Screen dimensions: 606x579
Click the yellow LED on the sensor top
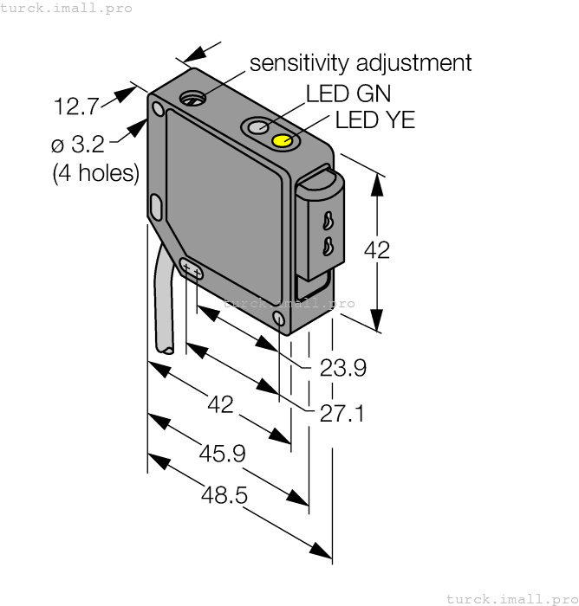tap(283, 140)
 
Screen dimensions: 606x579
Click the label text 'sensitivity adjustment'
tap(361, 63)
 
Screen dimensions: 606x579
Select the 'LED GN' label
tap(348, 93)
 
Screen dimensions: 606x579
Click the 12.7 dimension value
tap(76, 107)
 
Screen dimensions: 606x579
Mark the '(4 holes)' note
tap(95, 172)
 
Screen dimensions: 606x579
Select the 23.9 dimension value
tap(343, 369)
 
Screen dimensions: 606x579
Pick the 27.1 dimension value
tap(342, 413)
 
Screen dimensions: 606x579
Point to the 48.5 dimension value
tap(224, 495)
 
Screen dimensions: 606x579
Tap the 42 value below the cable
tap(222, 403)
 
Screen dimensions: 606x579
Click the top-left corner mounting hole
tap(157, 110)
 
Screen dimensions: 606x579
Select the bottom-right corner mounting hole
tap(278, 319)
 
